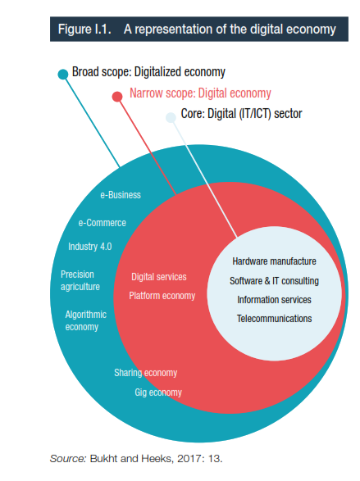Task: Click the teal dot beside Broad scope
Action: pos(63,74)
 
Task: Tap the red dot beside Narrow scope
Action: pos(117,97)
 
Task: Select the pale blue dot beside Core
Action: pos(171,117)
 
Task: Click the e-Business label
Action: pos(121,195)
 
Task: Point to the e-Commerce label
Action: pos(103,223)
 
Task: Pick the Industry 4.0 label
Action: pos(90,247)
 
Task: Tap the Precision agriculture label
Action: pos(80,280)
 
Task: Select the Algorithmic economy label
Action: pos(85,320)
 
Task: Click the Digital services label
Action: pos(159,277)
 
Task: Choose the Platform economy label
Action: pos(162,296)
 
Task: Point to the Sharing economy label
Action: pos(146,373)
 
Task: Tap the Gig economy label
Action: pos(158,393)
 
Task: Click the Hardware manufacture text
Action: pos(274,261)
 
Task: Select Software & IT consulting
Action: pos(274,281)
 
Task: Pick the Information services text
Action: pos(274,300)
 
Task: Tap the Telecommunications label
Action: pos(274,319)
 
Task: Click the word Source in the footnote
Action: pos(68,458)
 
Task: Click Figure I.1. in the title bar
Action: pos(84,29)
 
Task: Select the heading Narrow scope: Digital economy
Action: pos(200,93)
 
